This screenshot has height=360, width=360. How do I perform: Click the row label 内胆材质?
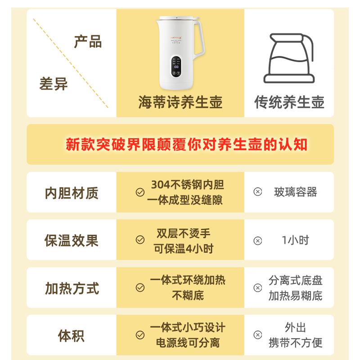click(x=72, y=193)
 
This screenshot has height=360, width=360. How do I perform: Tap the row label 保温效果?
click(x=72, y=240)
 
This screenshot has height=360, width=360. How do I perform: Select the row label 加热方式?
click(x=72, y=288)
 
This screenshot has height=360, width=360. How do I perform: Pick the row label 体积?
click(x=72, y=336)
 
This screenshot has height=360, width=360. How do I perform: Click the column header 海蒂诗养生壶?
click(x=180, y=103)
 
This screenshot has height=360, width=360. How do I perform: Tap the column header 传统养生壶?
click(x=289, y=103)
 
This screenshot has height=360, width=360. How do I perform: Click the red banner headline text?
click(x=187, y=144)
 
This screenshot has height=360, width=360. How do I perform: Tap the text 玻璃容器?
click(x=296, y=192)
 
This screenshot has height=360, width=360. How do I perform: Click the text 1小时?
click(x=296, y=240)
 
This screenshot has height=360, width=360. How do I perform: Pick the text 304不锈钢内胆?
click(x=188, y=184)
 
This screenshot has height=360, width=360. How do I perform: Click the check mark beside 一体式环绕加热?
click(x=140, y=288)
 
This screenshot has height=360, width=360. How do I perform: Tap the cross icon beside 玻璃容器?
click(x=258, y=192)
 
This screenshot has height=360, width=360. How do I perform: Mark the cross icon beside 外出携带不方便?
click(x=258, y=335)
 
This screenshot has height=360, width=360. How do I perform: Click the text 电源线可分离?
click(x=188, y=343)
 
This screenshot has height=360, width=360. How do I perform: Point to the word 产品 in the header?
click(x=88, y=41)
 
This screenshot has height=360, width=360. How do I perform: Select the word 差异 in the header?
click(x=54, y=84)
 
